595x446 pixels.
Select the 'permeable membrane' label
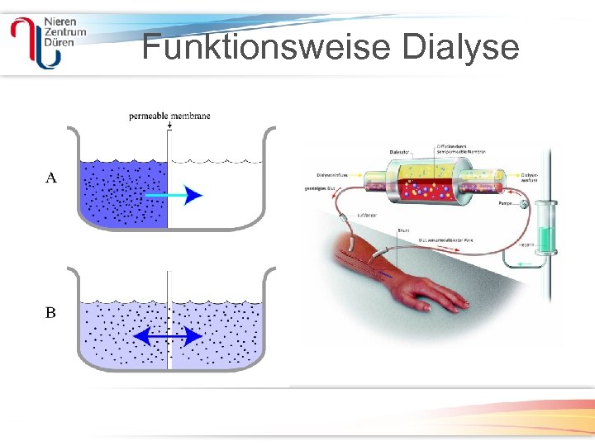169,116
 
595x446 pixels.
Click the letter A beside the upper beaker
51,178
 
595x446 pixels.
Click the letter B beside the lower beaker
51,313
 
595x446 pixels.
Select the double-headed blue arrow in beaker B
169,336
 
